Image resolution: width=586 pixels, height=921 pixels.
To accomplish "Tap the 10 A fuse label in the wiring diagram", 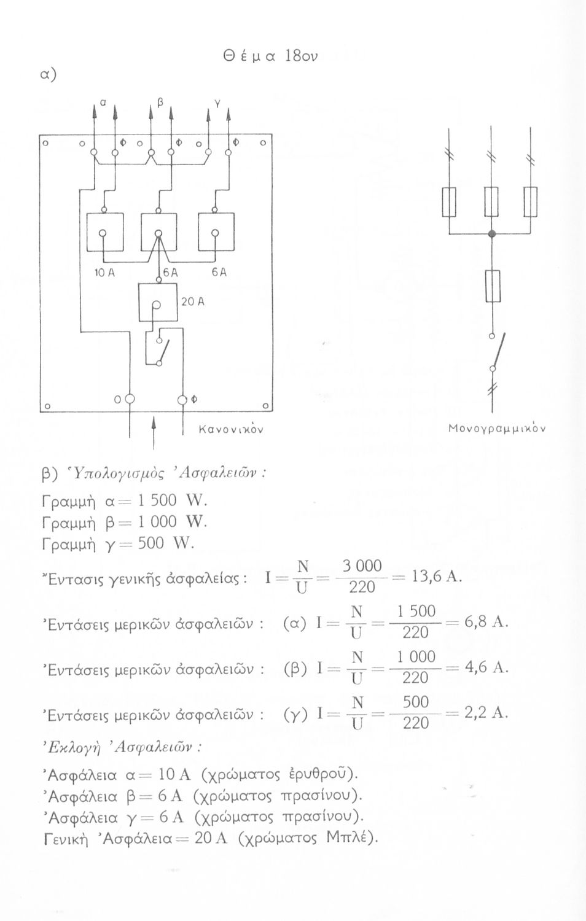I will [x=103, y=273].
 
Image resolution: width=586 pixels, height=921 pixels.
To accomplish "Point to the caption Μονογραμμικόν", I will [x=499, y=427].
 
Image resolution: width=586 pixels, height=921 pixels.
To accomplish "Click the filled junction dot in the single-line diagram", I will [x=491, y=234].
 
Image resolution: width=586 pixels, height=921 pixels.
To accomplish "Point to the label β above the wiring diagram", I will [x=160, y=102].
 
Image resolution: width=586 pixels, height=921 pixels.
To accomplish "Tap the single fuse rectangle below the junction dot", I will [x=492, y=286].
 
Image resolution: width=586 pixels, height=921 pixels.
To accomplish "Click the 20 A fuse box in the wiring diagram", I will [x=157, y=303].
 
